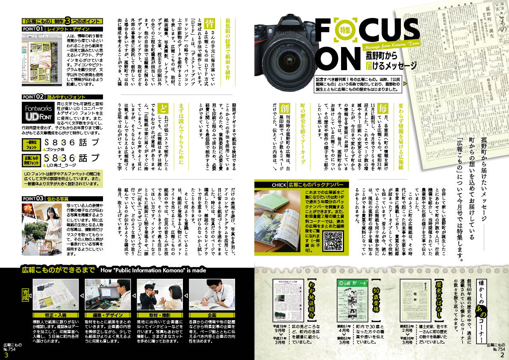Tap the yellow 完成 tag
(25, 297)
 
